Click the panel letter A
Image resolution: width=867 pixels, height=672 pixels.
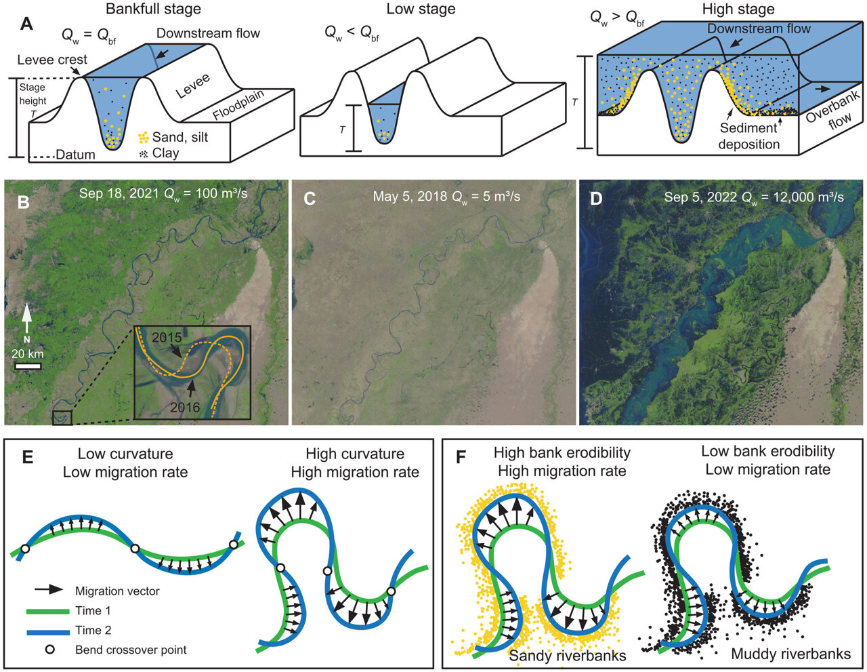click(x=26, y=24)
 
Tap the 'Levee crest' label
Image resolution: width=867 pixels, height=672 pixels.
click(x=52, y=60)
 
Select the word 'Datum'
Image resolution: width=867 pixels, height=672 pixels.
click(x=75, y=155)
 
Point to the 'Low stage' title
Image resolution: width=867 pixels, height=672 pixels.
click(x=421, y=9)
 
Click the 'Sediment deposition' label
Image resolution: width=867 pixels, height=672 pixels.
click(x=748, y=136)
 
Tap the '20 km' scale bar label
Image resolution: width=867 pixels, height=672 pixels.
click(x=28, y=354)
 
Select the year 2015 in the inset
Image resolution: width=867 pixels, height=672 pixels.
click(x=167, y=338)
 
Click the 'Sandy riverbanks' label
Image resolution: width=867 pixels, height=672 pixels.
click(x=568, y=655)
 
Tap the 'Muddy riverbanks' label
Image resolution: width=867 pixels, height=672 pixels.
click(x=790, y=654)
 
